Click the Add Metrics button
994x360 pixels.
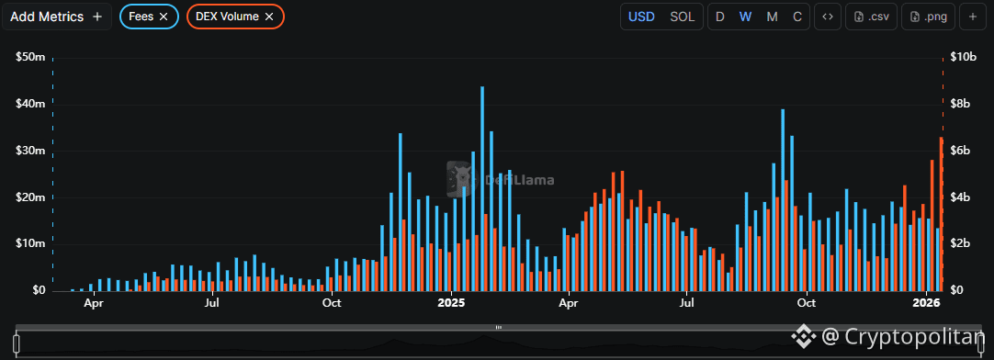pos(56,17)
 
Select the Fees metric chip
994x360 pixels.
pos(148,17)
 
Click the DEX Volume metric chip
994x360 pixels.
pos(234,17)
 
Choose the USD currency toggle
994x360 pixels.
pos(641,17)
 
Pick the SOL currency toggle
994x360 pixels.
pos(682,17)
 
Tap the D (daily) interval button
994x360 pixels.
pos(720,17)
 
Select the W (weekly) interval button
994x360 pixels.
pos(745,17)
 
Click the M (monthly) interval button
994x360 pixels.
pos(772,17)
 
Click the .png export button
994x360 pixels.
pos(929,17)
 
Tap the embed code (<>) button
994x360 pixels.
pos(827,17)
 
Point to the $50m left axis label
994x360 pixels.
pos(30,57)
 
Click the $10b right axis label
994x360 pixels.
pos(963,57)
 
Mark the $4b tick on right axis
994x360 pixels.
pos(960,197)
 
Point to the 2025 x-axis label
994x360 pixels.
pos(452,302)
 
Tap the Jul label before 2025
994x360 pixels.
pos(212,302)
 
